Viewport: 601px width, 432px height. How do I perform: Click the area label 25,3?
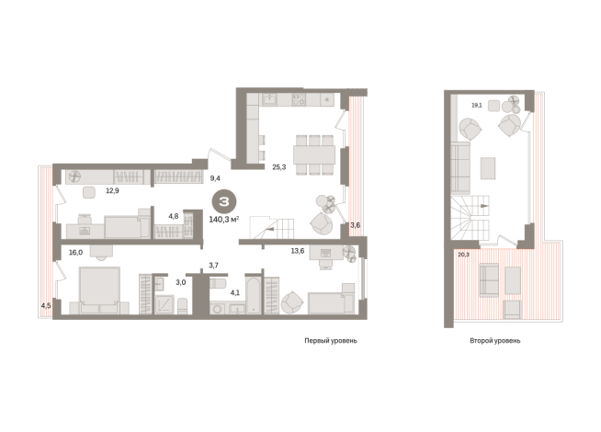[278, 167]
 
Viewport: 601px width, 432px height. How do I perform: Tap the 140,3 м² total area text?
[224, 220]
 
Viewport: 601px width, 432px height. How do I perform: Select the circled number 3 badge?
[224, 201]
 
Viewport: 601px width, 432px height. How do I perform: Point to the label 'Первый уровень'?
[331, 340]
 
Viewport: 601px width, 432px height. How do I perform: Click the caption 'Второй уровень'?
[494, 340]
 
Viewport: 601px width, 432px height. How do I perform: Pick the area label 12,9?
[112, 190]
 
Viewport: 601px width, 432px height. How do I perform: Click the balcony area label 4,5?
[46, 305]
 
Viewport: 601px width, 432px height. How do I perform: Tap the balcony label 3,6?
[356, 225]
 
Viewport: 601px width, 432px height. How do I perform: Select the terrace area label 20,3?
[463, 254]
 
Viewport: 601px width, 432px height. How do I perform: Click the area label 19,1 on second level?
[476, 105]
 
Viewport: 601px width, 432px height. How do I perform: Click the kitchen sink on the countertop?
[270, 99]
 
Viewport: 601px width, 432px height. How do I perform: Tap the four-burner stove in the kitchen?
[299, 99]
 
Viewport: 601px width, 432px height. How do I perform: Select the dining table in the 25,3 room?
[314, 154]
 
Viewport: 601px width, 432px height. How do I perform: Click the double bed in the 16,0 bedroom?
[99, 290]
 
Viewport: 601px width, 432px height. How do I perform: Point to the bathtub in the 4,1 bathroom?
[253, 296]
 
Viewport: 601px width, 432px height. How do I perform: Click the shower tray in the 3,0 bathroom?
[164, 305]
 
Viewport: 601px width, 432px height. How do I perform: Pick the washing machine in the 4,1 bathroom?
[217, 309]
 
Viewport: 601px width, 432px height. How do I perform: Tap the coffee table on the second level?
[488, 168]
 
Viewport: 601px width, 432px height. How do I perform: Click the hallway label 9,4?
[215, 178]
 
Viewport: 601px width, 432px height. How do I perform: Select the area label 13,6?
[298, 251]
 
